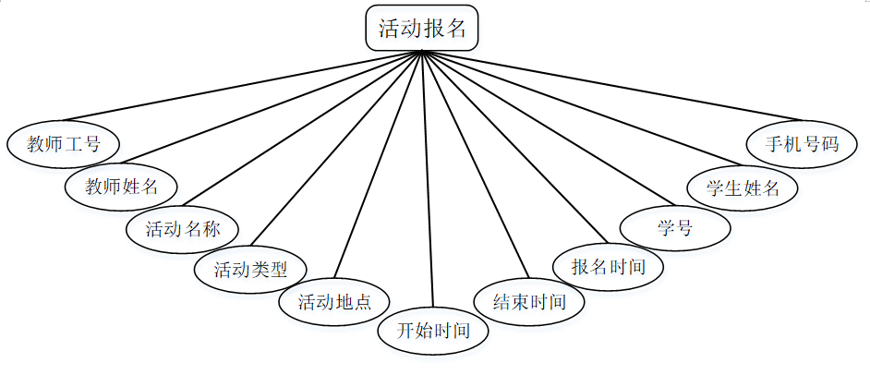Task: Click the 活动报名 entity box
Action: [x=422, y=28]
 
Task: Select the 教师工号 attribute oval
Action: [x=63, y=143]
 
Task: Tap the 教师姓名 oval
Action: [x=121, y=186]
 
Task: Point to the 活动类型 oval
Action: [x=251, y=270]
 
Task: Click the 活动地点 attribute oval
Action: [x=334, y=302]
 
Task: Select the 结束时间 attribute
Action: [x=530, y=302]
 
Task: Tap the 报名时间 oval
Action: [x=608, y=267]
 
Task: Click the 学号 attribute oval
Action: [x=675, y=227]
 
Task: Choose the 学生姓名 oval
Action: [x=743, y=188]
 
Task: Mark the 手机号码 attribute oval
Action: [x=802, y=144]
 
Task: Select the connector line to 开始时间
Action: [x=427, y=185]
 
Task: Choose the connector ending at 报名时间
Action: [x=511, y=148]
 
